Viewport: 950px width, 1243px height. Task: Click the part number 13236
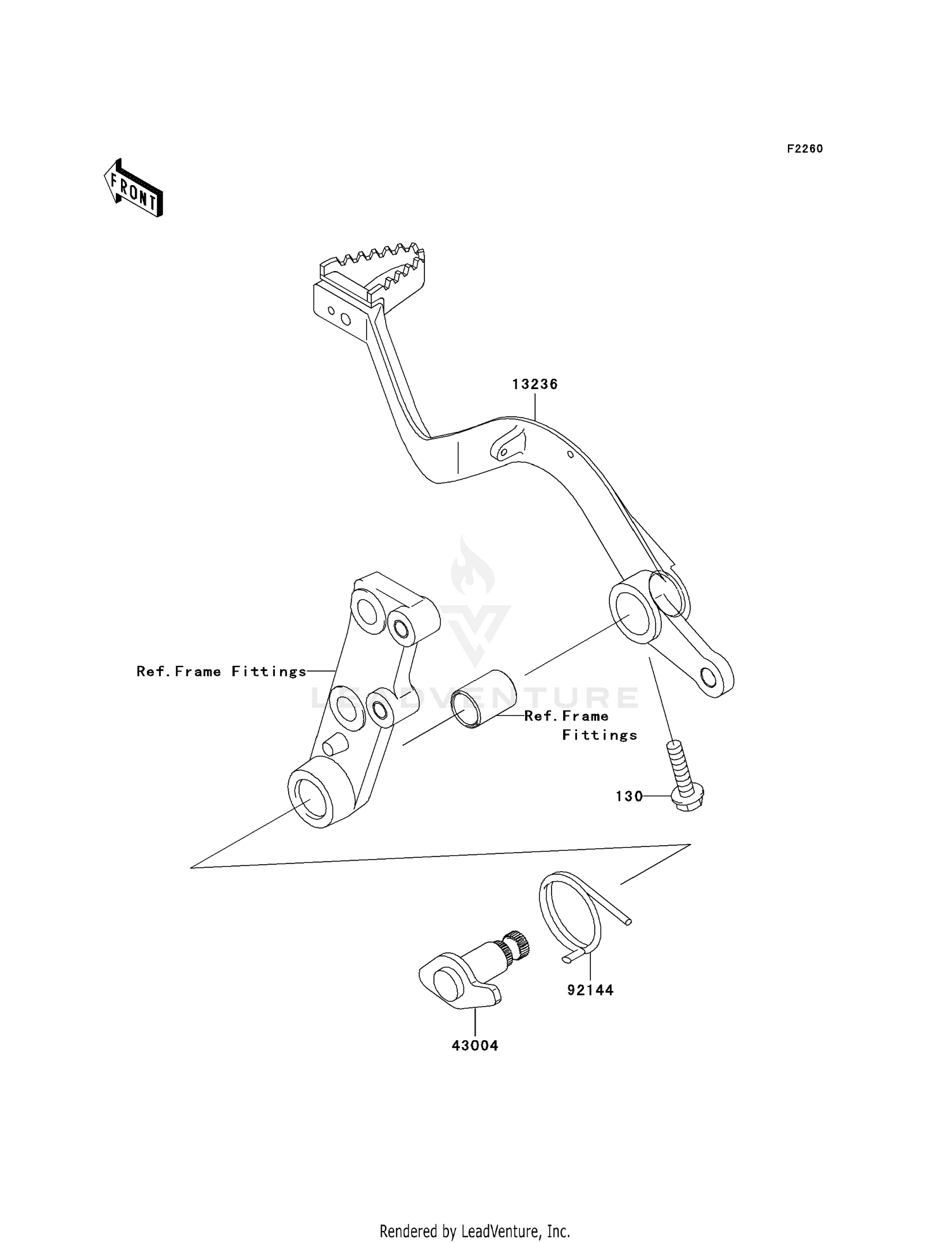pos(535,385)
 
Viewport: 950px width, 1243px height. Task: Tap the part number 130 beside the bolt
pos(629,796)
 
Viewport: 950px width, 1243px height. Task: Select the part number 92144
pos(590,990)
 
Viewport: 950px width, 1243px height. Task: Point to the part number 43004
pos(475,1046)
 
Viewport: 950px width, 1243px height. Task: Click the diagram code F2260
pos(805,149)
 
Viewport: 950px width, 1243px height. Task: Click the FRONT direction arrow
pos(134,189)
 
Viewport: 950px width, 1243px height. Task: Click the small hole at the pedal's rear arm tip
pos(710,679)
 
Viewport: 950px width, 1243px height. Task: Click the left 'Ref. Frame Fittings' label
pos(222,672)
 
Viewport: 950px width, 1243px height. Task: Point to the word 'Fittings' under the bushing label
pos(600,735)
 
